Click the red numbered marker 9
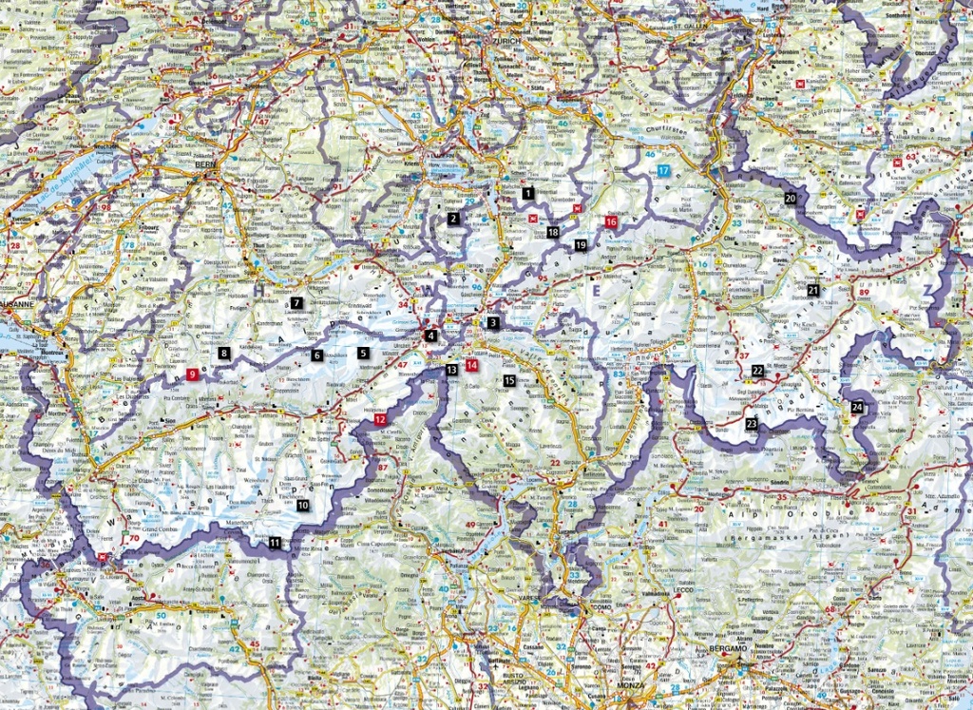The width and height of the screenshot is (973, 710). (x=193, y=374)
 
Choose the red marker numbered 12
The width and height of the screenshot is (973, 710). (x=380, y=419)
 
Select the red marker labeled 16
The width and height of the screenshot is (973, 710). (x=611, y=221)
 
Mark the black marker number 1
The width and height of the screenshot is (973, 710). (x=527, y=193)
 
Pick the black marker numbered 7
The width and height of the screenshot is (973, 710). (x=296, y=303)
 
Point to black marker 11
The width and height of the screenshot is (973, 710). (x=275, y=543)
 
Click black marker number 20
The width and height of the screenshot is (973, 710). (x=791, y=198)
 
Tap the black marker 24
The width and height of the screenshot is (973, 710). (x=858, y=407)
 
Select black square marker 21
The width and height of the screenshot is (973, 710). (x=813, y=290)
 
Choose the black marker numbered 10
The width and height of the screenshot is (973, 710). (x=303, y=506)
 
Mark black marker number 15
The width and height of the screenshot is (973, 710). (x=509, y=380)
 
